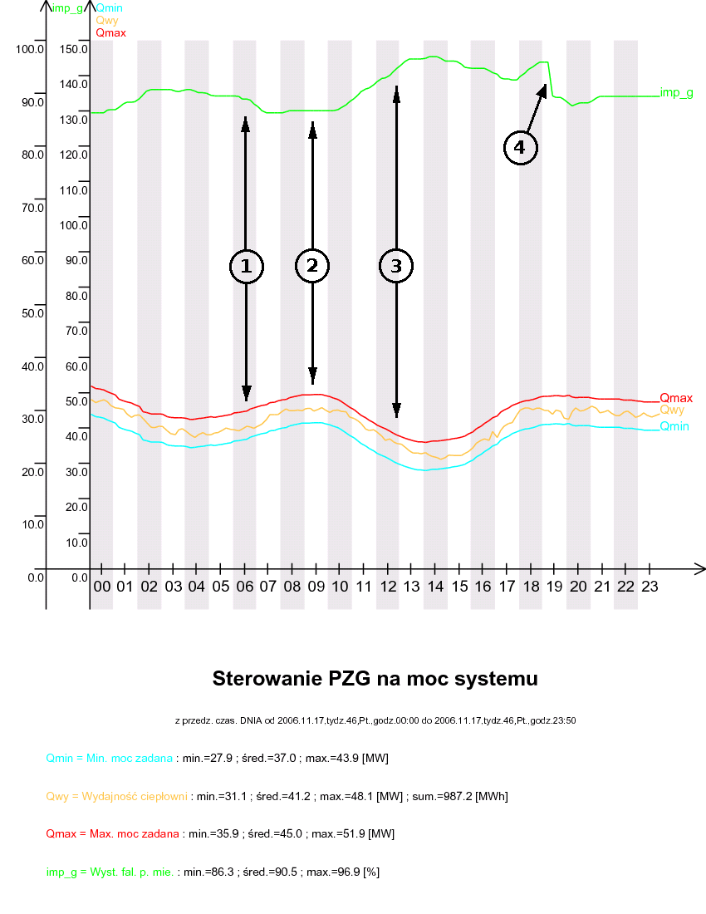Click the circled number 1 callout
(246, 266)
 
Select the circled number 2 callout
(312, 266)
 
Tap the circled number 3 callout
(396, 266)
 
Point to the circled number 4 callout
(520, 148)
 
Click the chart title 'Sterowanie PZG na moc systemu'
(375, 679)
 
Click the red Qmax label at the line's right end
(676, 398)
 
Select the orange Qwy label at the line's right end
(672, 410)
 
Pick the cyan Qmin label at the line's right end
(675, 426)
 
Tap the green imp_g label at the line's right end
(676, 92)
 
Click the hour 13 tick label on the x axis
(411, 587)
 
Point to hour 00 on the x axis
(101, 587)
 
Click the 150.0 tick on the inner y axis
(75, 49)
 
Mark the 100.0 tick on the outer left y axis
(29, 49)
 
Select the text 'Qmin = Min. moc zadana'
(110, 758)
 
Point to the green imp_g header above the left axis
(66, 8)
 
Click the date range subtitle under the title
(375, 720)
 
